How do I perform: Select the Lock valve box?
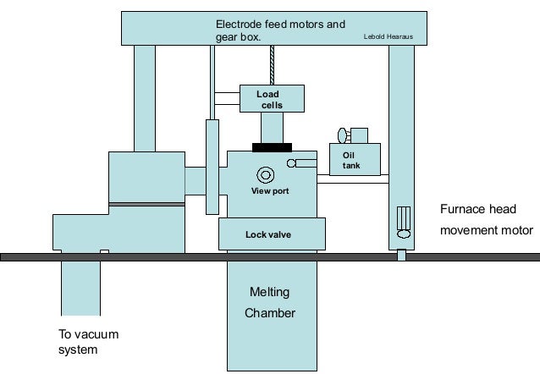pos(268,234)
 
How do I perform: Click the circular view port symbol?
pos(266,175)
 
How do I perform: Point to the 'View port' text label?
pos(270,191)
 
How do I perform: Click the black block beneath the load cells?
pos(272,147)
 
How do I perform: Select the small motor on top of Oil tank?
pos(355,135)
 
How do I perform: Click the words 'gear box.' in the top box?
pos(238,38)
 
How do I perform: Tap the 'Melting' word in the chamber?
pos(269,293)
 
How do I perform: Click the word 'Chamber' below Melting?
pos(269,313)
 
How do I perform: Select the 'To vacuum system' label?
pos(88,342)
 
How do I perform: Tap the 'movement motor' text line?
pos(487,230)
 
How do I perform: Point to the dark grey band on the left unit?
pos(146,204)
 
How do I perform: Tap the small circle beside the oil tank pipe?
pos(292,163)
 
